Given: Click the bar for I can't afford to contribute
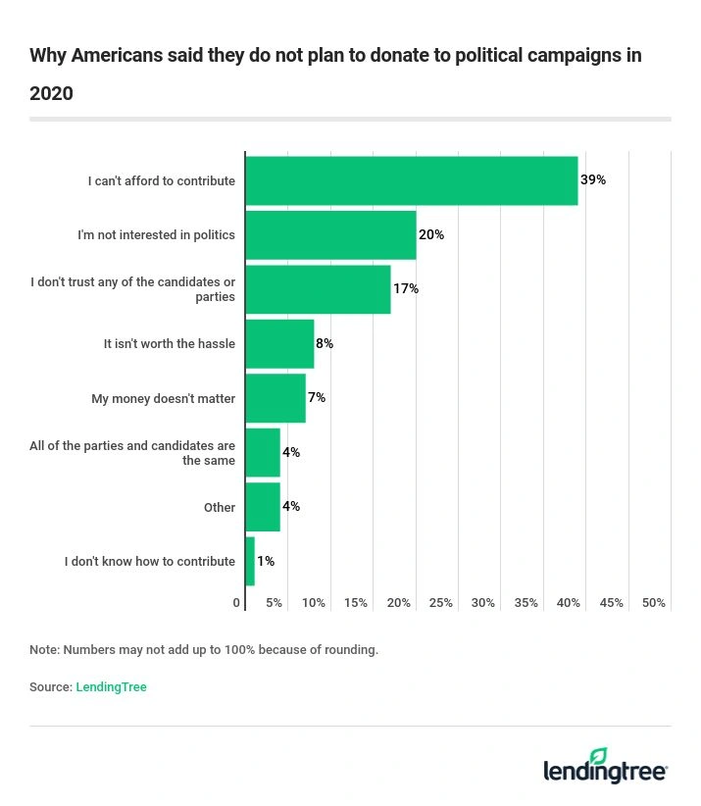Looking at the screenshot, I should coord(412,180).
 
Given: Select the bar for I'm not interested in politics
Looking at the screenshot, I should coord(330,235).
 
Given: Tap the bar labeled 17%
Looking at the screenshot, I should coord(318,289).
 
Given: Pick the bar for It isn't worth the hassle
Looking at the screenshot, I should coord(279,344).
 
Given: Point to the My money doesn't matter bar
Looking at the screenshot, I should coord(275,398).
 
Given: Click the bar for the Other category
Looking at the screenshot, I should coord(263,507).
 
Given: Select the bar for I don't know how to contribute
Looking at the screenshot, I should coord(250,562).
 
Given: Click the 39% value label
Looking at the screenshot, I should coord(593,180).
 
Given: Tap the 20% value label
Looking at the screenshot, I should coord(431,235).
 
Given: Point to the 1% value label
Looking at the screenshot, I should coord(266,562).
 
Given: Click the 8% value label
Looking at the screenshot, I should coord(325,344).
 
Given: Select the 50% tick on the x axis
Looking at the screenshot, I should coord(654,603).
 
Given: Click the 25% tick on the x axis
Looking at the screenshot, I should coord(441,603).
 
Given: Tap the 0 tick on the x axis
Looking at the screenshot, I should coord(237,603).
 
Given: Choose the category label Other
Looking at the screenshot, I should coord(220,508).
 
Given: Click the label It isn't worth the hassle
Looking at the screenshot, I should coord(170,344).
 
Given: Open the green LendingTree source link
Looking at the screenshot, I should coord(111,687).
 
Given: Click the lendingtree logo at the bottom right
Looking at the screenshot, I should coord(605,767).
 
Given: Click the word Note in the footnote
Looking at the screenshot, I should coord(43,650).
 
